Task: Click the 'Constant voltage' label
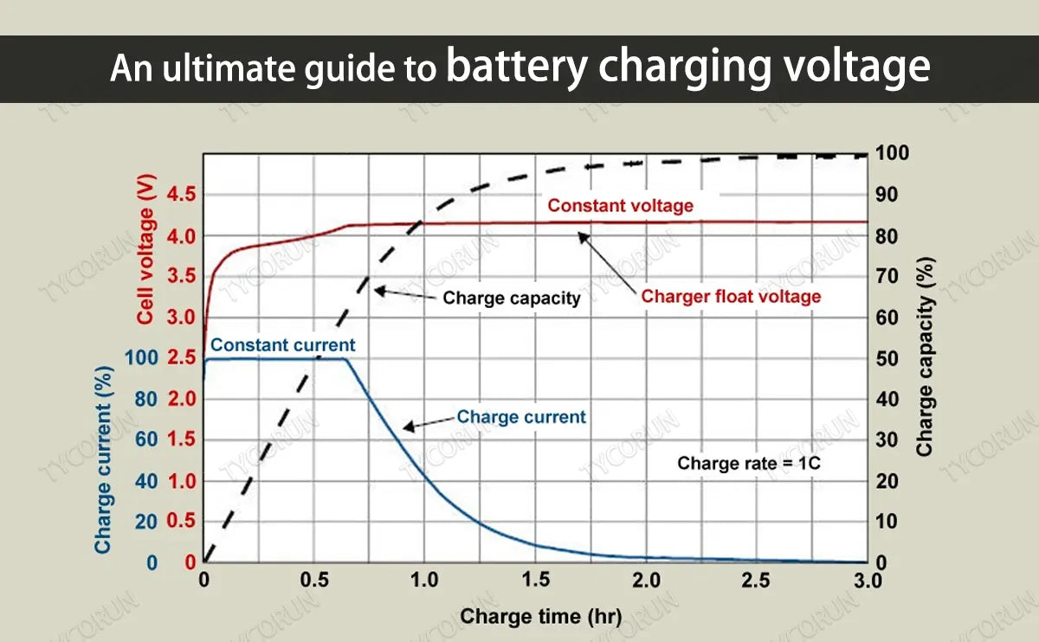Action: tap(620, 206)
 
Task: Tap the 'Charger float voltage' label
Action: tap(731, 297)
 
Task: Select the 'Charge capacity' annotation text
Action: tap(511, 299)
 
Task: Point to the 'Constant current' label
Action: tap(283, 345)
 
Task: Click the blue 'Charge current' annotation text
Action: tap(521, 417)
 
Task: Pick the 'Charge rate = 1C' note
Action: tap(748, 463)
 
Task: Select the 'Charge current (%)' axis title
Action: tap(104, 459)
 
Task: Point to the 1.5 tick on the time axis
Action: tap(536, 581)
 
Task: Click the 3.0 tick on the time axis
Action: tap(866, 581)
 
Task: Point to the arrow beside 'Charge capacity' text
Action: tap(403, 293)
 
